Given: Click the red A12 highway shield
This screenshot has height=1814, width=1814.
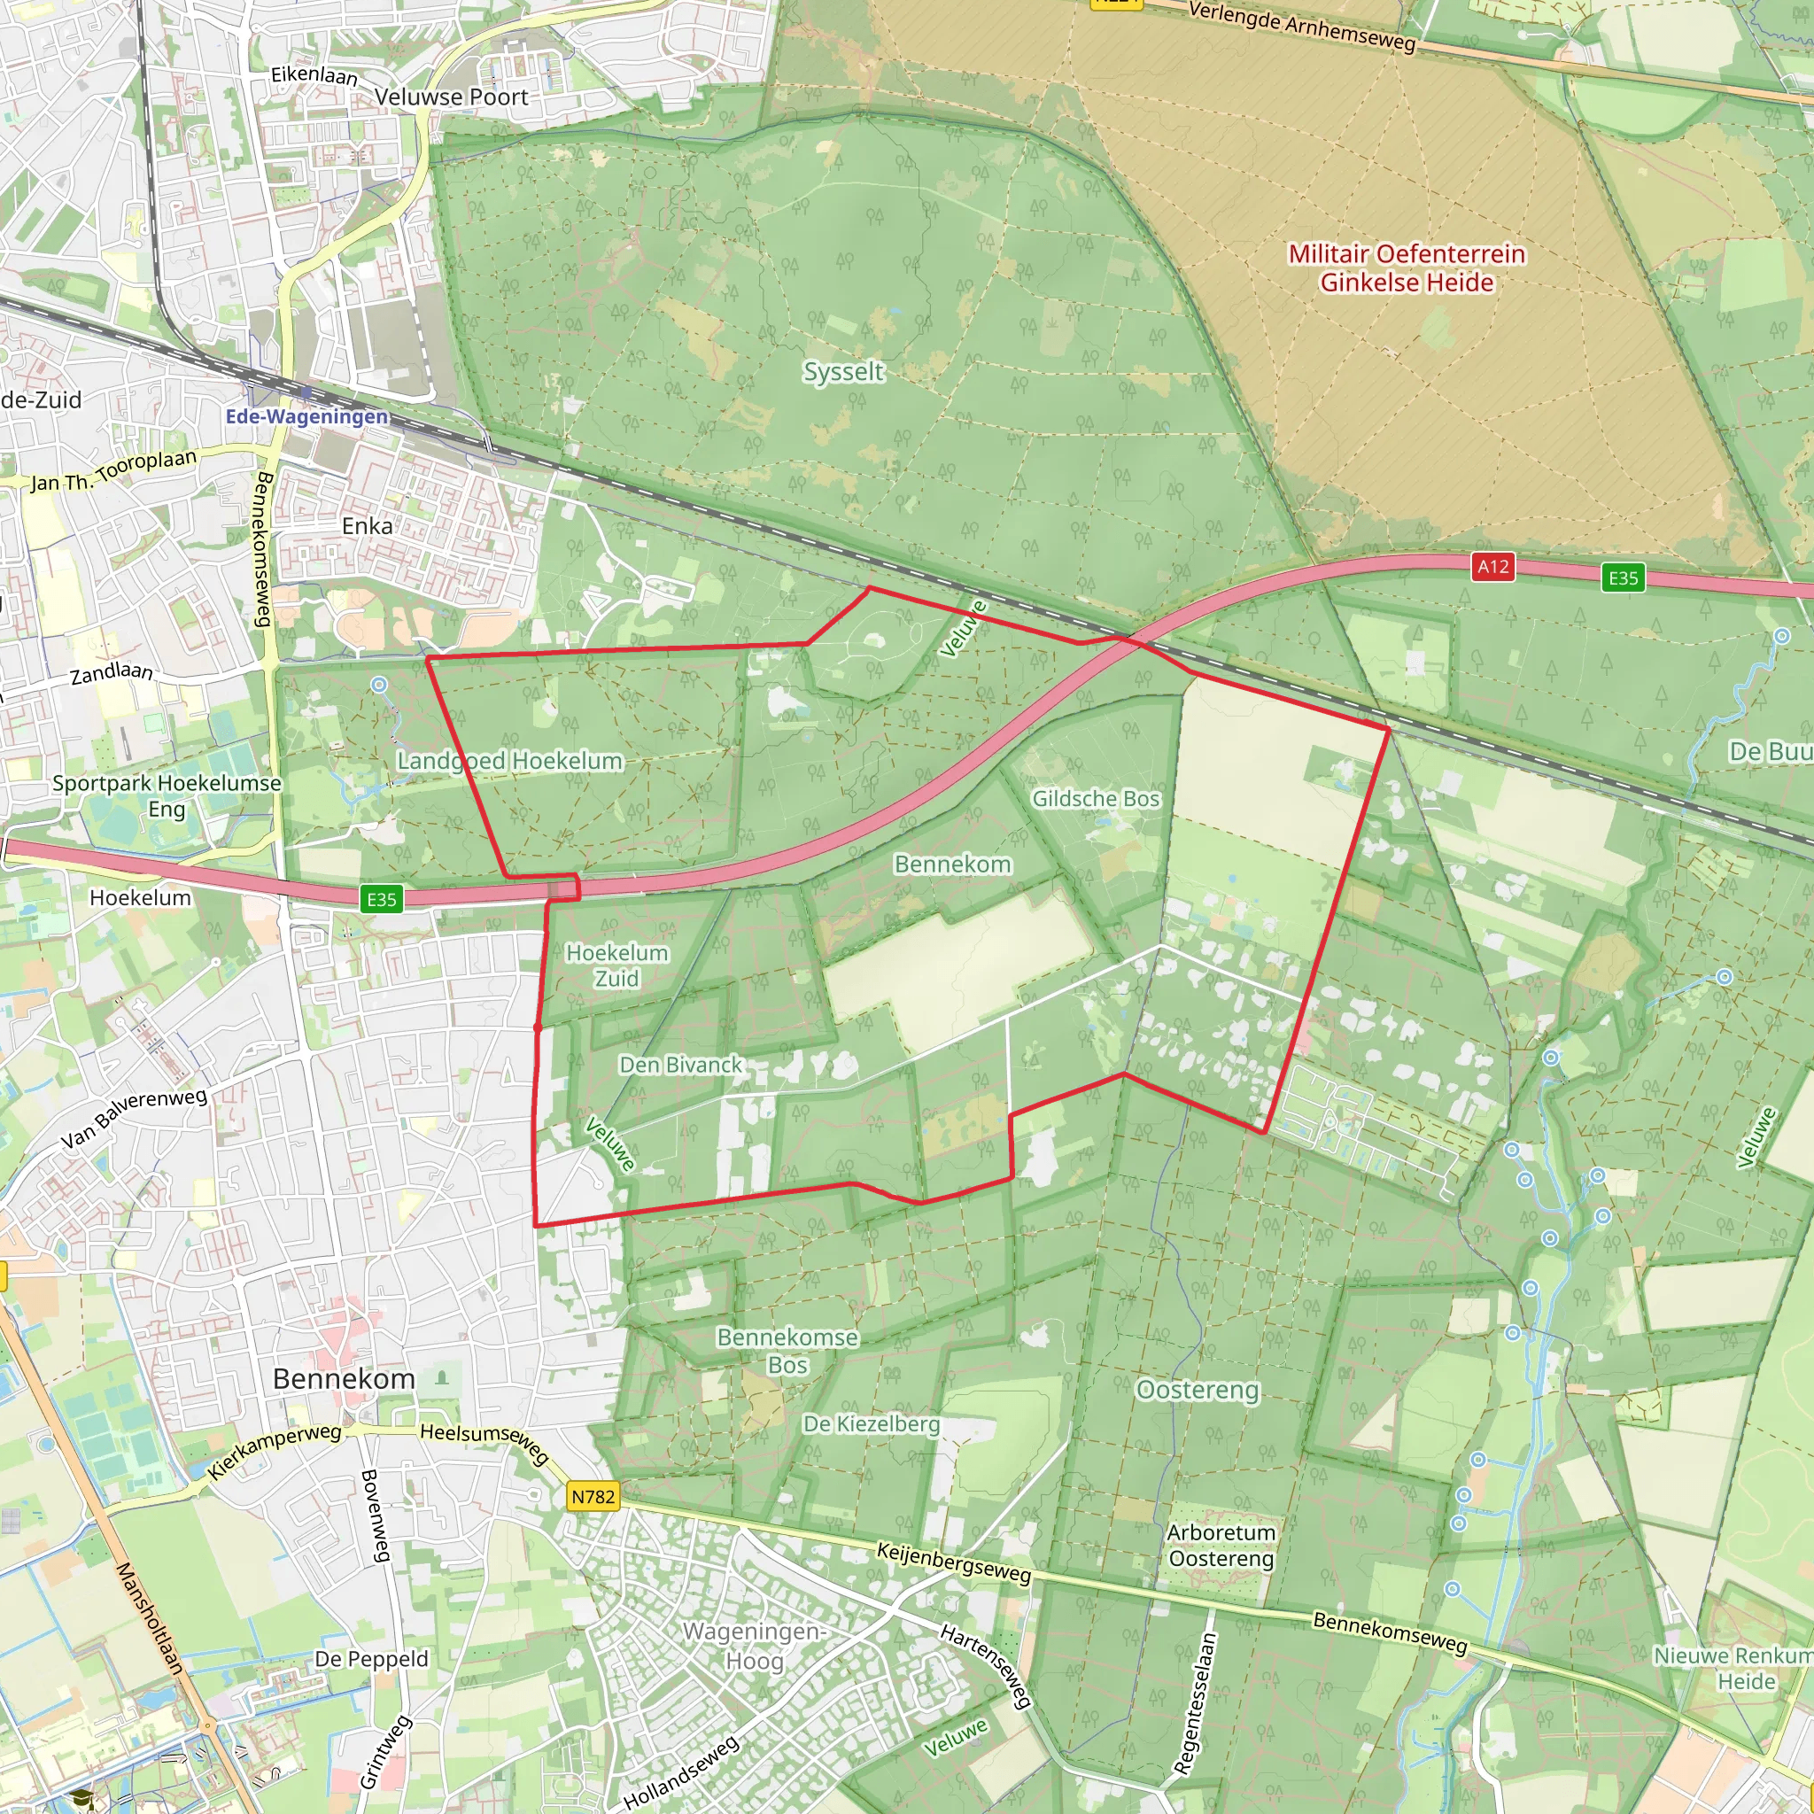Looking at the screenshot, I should (x=1492, y=567).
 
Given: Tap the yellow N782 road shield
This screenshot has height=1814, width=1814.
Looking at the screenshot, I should (x=593, y=1497).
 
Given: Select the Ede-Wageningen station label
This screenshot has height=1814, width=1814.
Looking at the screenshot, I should (x=306, y=416).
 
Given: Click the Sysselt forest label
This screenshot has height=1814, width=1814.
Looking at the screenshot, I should (x=843, y=372).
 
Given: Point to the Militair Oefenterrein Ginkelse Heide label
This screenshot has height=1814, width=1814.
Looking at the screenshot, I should (x=1406, y=268).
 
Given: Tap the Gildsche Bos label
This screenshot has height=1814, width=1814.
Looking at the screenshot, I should (x=1096, y=799).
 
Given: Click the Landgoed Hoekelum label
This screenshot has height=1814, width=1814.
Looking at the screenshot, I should (x=509, y=761).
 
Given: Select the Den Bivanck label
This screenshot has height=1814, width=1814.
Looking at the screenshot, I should (x=679, y=1065).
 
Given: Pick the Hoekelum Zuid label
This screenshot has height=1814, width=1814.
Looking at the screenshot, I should (x=616, y=965).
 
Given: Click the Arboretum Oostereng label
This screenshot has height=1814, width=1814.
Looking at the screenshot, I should (x=1221, y=1546).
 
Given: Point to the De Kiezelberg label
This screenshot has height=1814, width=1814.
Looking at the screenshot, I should (x=871, y=1424).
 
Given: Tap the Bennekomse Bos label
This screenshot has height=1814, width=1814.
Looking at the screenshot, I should (x=787, y=1351).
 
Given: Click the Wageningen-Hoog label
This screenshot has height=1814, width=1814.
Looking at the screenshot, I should (x=754, y=1646).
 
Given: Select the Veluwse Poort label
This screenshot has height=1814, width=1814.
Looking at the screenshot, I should (x=451, y=97).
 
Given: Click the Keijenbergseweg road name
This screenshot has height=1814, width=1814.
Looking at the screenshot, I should (x=953, y=1563).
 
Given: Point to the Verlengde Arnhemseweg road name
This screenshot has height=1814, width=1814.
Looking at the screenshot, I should (x=1301, y=27).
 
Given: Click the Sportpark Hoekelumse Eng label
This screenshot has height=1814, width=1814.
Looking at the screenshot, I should (x=167, y=795).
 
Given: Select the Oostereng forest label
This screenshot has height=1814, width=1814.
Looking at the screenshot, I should (x=1198, y=1390).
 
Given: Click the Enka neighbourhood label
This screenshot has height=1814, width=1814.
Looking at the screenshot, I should (x=367, y=526).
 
